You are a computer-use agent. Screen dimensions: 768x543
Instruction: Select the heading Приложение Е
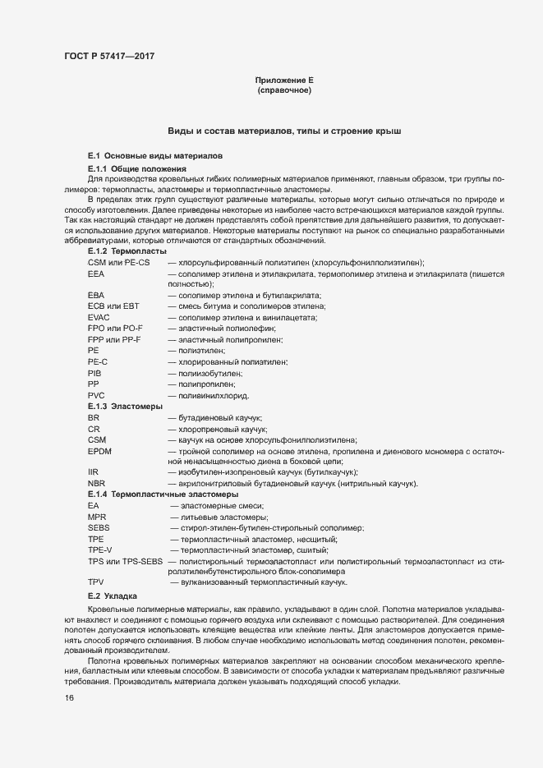point(284,80)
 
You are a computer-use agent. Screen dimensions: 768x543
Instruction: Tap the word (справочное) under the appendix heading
point(284,90)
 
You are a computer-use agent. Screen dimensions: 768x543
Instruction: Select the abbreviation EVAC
point(99,317)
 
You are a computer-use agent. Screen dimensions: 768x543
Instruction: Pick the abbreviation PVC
point(96,395)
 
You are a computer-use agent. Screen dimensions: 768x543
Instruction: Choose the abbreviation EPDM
point(99,451)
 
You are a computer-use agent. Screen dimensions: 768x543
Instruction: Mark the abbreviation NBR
point(95,484)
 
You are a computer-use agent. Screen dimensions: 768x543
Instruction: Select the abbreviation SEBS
point(99,528)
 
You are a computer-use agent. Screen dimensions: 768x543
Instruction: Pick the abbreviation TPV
point(95,582)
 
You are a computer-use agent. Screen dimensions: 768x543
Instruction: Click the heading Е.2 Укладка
point(113,595)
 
